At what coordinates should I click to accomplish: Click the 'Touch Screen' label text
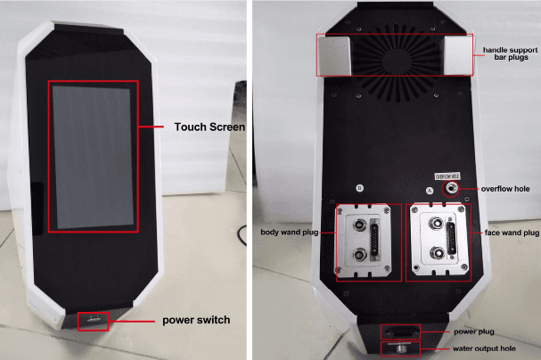(x=209, y=127)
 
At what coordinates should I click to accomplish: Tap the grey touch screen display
(x=93, y=157)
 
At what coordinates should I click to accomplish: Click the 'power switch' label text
(x=196, y=320)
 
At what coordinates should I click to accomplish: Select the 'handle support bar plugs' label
(x=511, y=53)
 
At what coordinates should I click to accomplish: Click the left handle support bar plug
(x=334, y=56)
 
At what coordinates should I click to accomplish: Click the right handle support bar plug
(x=458, y=55)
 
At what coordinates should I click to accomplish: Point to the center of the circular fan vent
(x=397, y=61)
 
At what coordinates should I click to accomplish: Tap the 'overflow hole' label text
(x=505, y=189)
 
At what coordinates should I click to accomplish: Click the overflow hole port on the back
(x=451, y=188)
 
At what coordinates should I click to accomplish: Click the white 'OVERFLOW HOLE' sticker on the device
(x=447, y=176)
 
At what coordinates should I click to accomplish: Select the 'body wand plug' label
(x=289, y=232)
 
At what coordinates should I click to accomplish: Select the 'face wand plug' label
(x=512, y=233)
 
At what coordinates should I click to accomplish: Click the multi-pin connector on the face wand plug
(x=451, y=239)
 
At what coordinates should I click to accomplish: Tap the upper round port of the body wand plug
(x=359, y=225)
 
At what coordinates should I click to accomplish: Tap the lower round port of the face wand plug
(x=439, y=253)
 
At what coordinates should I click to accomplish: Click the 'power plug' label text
(x=474, y=331)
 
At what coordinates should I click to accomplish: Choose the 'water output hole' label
(x=484, y=348)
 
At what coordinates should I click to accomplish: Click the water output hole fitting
(x=400, y=348)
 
